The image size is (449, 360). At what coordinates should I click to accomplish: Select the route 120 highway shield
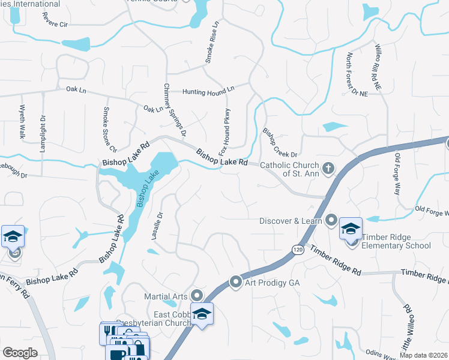coord(297,248)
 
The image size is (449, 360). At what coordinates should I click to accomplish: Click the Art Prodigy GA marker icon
coord(236,281)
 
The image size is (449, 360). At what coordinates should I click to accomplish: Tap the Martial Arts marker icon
coord(197,295)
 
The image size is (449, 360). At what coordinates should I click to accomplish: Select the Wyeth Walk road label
coord(22,122)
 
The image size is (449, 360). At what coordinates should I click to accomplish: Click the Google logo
coord(20,353)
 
